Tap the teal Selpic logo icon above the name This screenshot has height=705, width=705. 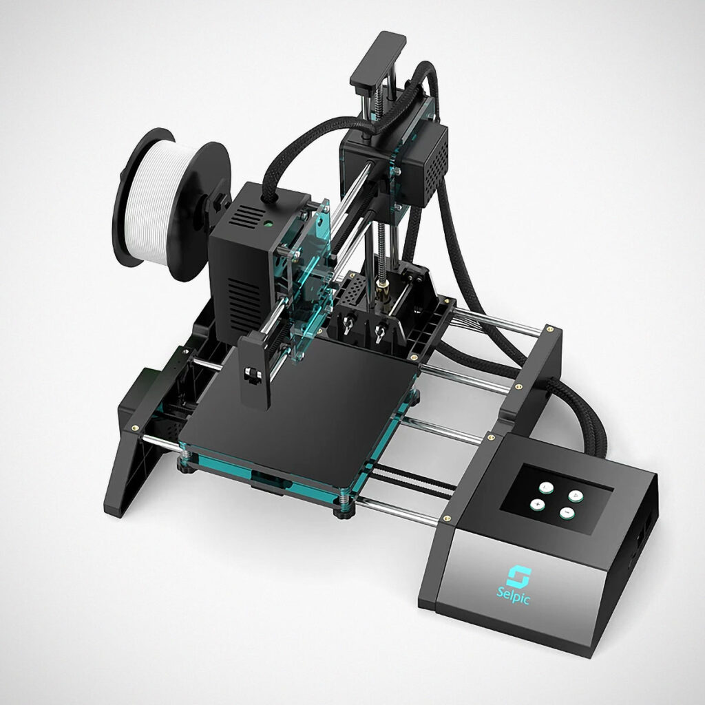tap(519, 576)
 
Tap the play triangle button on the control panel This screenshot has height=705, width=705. tap(576, 496)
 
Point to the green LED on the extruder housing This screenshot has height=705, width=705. tap(268, 222)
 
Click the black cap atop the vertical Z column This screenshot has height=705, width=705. tap(378, 59)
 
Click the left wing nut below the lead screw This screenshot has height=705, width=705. tap(347, 325)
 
